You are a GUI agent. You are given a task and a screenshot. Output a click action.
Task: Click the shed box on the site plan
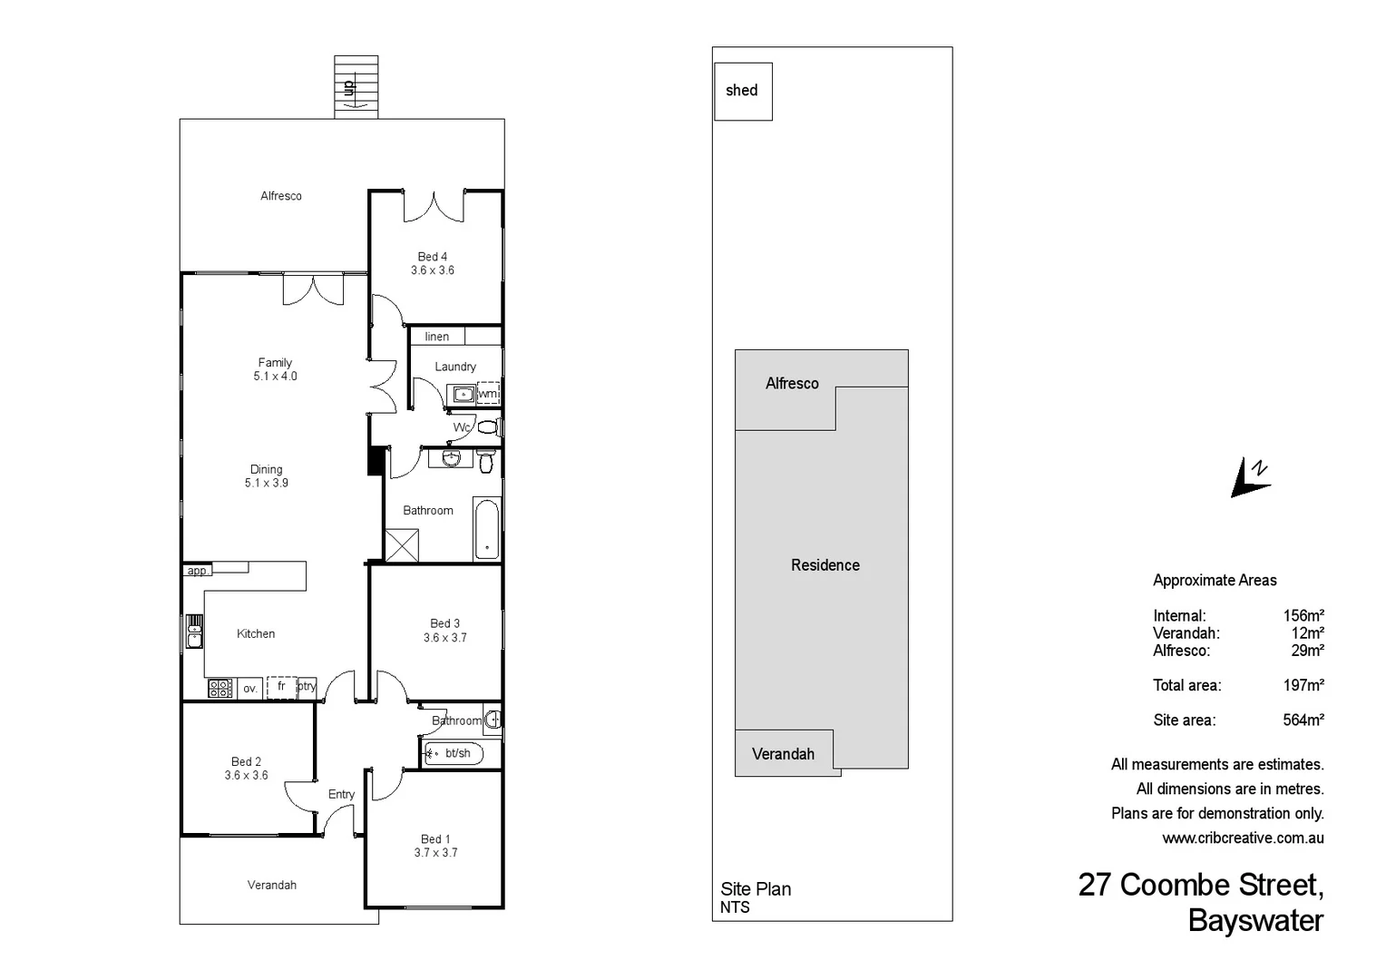click(743, 91)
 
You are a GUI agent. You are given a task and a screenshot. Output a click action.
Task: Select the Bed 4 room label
click(432, 257)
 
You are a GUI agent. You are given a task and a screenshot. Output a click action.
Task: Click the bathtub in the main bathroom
click(487, 529)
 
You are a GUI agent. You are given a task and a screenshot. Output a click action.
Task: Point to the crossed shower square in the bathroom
click(402, 545)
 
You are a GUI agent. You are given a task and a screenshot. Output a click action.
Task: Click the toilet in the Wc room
click(488, 426)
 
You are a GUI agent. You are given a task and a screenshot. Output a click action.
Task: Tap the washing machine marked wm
click(488, 394)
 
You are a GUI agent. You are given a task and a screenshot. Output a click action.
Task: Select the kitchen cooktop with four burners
click(220, 688)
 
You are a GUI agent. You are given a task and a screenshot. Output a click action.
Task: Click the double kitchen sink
click(194, 631)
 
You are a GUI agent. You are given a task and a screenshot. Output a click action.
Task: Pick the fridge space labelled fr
click(281, 687)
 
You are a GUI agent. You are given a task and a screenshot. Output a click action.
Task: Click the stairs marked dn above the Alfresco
click(356, 87)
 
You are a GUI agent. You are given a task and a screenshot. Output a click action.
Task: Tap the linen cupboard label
click(437, 337)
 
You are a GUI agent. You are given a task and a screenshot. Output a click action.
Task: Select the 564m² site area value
click(1303, 720)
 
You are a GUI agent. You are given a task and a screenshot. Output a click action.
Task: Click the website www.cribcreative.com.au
click(1243, 838)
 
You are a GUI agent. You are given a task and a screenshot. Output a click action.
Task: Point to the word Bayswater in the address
click(1255, 920)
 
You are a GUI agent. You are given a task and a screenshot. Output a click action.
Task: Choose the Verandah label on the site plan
click(783, 754)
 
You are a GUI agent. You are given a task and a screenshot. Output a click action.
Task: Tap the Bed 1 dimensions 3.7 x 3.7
click(435, 853)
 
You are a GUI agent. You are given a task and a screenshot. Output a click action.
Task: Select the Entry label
click(341, 794)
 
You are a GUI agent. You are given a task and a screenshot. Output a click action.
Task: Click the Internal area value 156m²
click(1303, 616)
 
